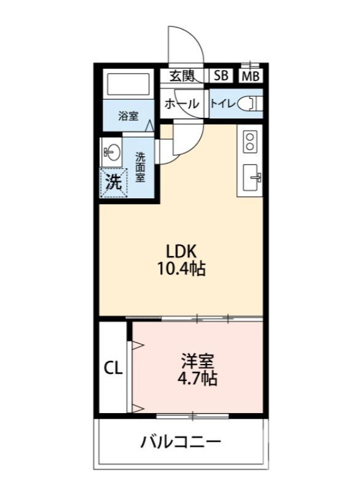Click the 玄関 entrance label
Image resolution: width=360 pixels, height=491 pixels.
(182, 76)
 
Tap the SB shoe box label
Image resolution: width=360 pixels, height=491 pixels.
(221, 76)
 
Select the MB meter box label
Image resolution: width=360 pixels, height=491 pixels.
(250, 77)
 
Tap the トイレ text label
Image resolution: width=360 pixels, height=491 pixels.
(222, 104)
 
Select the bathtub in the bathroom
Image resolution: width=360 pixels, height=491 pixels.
(128, 84)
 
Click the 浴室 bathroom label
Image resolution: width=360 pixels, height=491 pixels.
(128, 116)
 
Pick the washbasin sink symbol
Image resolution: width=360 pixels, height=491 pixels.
(111, 150)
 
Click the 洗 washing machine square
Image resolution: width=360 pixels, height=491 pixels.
(112, 181)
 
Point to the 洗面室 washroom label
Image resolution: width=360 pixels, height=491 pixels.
(141, 166)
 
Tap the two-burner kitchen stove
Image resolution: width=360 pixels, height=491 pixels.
(250, 142)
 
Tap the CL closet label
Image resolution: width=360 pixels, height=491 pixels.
(113, 368)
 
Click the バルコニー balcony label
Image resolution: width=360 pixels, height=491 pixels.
(181, 442)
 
